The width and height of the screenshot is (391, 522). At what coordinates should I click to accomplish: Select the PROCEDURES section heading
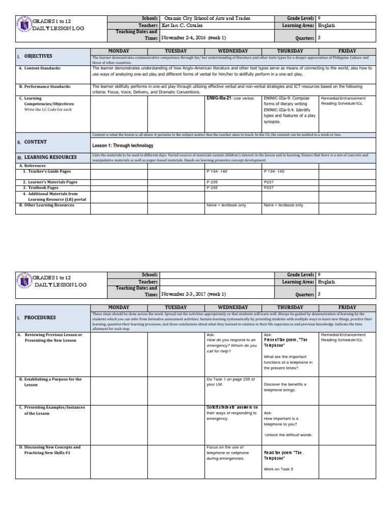coord(40,317)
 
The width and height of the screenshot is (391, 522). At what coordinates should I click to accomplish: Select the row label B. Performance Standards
coord(45,87)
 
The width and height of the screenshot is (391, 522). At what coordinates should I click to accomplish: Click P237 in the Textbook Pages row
coord(268,188)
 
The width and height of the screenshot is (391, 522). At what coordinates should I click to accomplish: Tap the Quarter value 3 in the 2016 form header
coord(319,38)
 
